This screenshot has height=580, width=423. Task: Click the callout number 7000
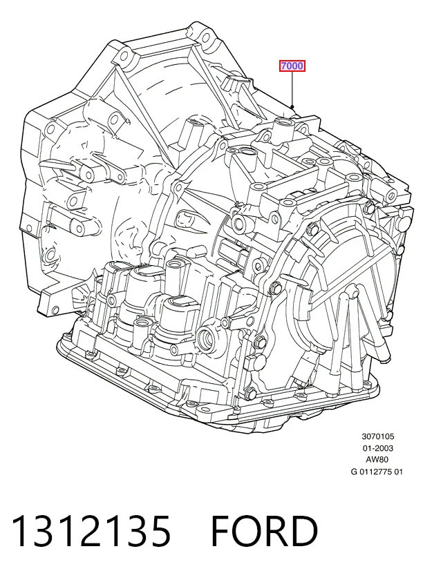tap(292, 66)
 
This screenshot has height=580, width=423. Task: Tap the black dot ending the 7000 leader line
tap(292, 107)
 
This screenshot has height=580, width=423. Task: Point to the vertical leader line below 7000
tap(292, 89)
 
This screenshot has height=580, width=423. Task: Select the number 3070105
tap(378, 436)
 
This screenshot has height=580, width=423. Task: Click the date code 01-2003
tap(378, 448)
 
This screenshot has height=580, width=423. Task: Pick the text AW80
tap(378, 460)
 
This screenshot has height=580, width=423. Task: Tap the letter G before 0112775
tap(355, 472)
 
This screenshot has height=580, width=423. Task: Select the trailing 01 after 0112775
tap(399, 472)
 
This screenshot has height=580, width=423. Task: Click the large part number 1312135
tap(91, 531)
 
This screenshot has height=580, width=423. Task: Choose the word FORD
tap(265, 531)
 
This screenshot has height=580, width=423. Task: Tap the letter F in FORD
tap(220, 531)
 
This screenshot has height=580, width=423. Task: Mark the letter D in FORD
tap(305, 531)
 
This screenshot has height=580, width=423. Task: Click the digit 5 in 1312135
tap(160, 531)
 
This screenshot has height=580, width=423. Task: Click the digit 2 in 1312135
tap(91, 531)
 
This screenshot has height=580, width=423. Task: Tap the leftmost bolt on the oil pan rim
tap(68, 336)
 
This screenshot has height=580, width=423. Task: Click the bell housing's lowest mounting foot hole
tap(55, 310)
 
